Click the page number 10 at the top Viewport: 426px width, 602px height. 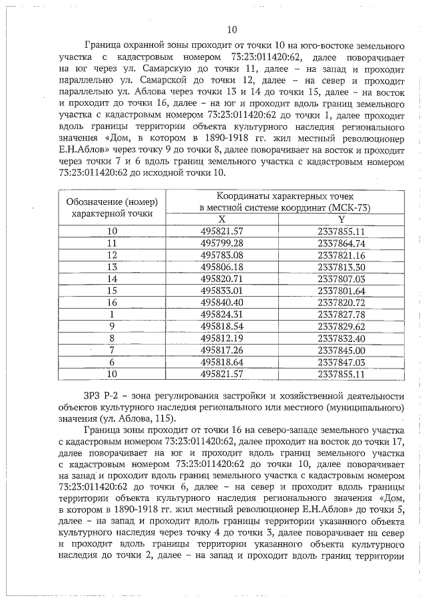232,29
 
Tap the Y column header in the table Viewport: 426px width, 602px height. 341,219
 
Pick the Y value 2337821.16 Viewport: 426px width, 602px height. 341,255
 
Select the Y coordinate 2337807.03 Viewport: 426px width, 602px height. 341,279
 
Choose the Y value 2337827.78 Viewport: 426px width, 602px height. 341,314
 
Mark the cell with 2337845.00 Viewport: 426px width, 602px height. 341,350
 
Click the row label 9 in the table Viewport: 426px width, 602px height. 111,326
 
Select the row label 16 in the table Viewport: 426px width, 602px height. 111,303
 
